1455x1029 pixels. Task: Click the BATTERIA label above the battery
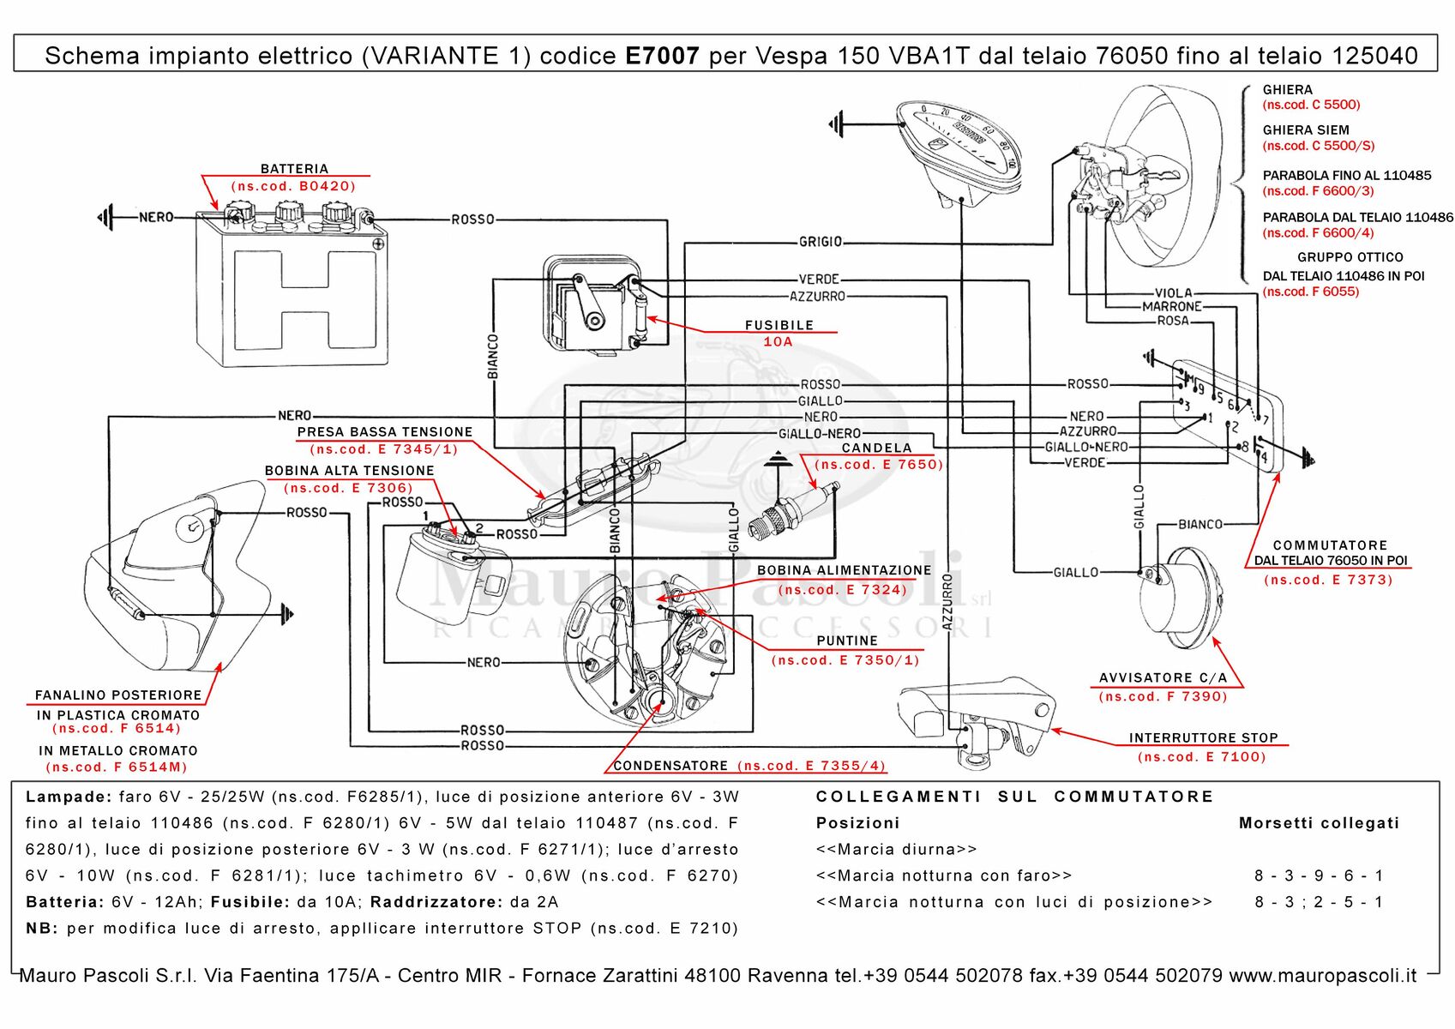pos(294,169)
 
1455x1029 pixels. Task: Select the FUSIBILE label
pos(779,325)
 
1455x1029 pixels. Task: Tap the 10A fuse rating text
pos(778,341)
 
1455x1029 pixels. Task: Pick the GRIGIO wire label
pos(821,242)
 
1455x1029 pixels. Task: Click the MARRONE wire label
pos(1171,306)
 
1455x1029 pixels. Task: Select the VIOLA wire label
pos(1173,292)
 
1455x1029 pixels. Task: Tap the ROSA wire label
pos(1172,321)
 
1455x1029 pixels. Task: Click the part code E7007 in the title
pos(662,56)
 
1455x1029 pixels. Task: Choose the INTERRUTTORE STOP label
pos(1203,737)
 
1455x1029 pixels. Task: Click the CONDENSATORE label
pos(670,766)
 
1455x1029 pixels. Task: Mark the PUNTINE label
pos(846,641)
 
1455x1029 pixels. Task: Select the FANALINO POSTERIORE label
pos(118,695)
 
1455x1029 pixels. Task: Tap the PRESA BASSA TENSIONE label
pos(384,432)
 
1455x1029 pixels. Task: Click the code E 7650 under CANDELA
pos(879,465)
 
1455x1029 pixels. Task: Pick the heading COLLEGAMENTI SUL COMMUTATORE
pos(1014,797)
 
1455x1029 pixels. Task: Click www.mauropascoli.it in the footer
pos(1322,976)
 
